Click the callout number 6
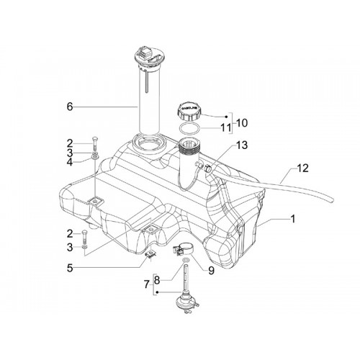tap(70, 107)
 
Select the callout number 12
tap(302, 168)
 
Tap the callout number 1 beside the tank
tap(292, 219)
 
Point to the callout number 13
tap(242, 145)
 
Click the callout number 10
tap(242, 123)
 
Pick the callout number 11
tap(225, 128)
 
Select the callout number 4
tap(70, 162)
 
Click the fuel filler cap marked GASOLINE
tap(189, 112)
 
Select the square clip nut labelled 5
tap(150, 254)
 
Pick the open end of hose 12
tap(332, 199)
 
